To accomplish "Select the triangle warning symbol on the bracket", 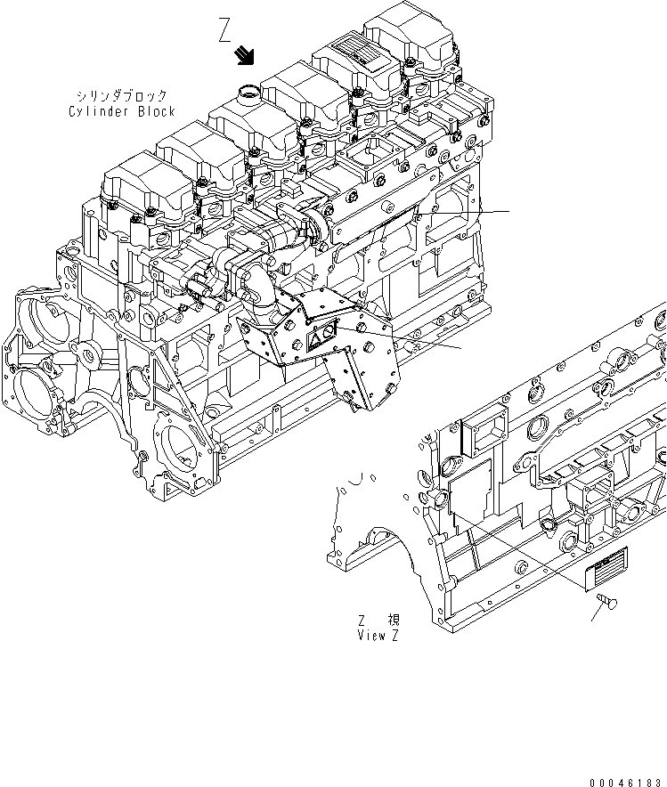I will [x=316, y=339].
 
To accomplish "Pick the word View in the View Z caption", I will [x=370, y=636].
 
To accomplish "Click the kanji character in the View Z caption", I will [x=393, y=621].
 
